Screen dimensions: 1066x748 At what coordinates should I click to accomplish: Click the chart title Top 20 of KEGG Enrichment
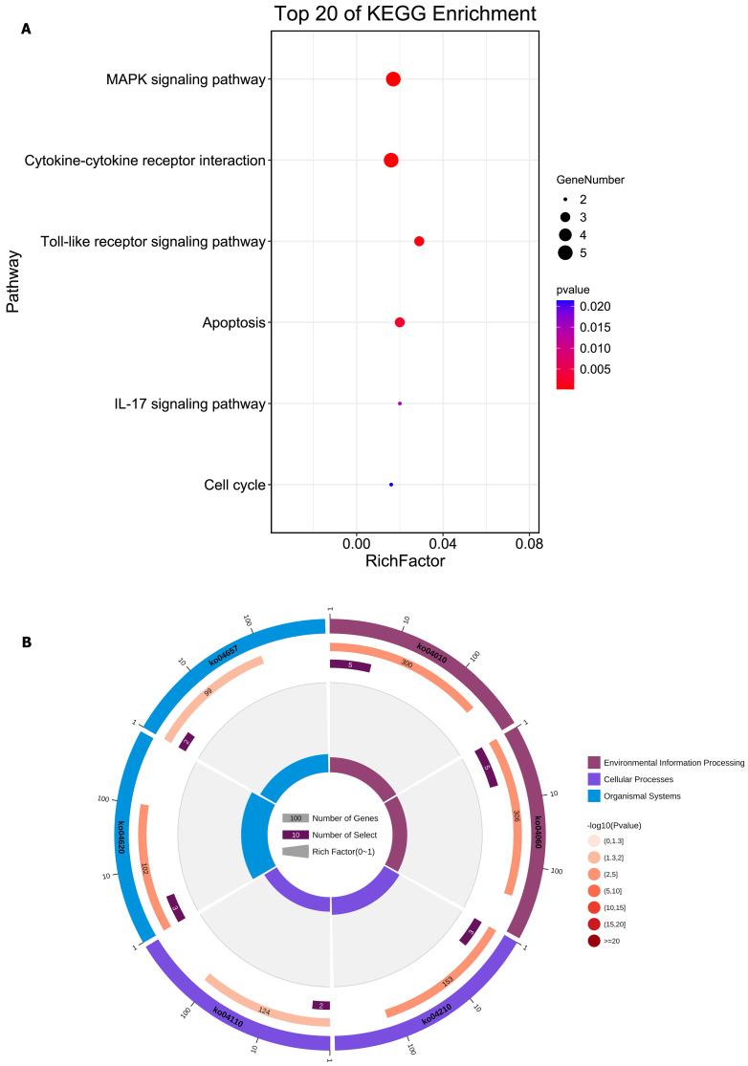coord(405,13)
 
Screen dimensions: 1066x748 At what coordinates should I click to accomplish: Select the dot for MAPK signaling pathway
coord(393,79)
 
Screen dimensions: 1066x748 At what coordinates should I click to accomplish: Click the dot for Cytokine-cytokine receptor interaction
coord(390,161)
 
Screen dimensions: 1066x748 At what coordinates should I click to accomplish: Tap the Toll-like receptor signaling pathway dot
coord(419,241)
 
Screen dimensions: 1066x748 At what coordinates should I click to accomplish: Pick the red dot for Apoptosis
coord(400,322)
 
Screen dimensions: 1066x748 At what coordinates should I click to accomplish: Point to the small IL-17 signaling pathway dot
coord(400,403)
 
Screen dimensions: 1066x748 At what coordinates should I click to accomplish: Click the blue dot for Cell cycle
coord(391,485)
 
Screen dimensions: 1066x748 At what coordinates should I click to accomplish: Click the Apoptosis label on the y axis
coord(233,323)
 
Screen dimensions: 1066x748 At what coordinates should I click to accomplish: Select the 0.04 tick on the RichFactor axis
coord(443,543)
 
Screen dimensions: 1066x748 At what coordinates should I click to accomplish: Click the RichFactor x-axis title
coord(405,562)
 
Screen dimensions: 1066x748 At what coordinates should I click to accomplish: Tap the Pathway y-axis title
coord(13,282)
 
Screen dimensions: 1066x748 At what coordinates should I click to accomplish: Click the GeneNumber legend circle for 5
coord(565,252)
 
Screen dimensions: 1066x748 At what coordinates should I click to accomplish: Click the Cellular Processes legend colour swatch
coord(595,779)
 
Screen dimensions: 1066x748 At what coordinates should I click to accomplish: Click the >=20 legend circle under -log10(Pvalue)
coord(595,942)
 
